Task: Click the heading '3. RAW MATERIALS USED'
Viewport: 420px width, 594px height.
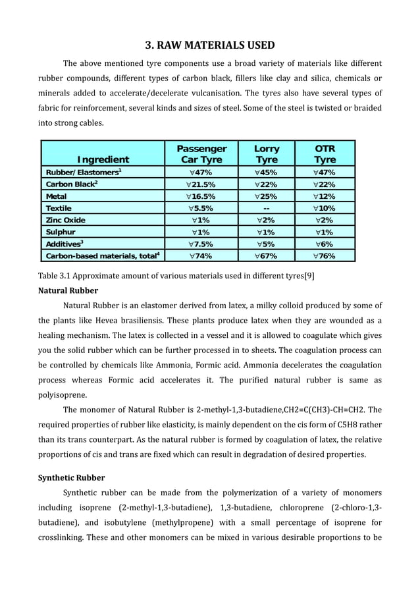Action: click(209, 45)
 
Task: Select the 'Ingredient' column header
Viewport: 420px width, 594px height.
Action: click(103, 159)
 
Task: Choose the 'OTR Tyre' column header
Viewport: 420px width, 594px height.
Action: click(325, 154)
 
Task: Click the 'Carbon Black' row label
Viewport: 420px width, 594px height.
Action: click(72, 184)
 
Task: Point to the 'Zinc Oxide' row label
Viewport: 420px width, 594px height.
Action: click(65, 220)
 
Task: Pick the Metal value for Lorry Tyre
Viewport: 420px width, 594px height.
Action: click(266, 196)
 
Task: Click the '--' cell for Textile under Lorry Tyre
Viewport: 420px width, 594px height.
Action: click(266, 208)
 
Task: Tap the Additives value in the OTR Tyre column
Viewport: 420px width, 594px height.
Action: click(325, 244)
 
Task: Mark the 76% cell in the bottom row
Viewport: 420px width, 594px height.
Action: click(325, 256)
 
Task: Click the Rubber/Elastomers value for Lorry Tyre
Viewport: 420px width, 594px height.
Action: click(266, 173)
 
